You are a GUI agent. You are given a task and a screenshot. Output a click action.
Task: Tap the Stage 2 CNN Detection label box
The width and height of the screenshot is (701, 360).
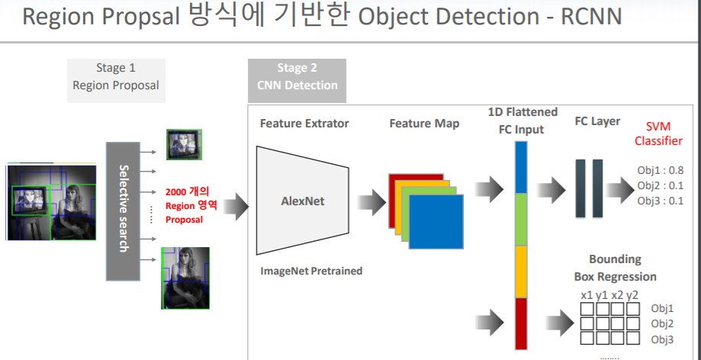pyautogui.click(x=297, y=77)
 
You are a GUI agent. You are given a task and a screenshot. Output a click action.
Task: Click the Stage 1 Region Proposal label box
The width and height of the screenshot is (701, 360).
pyautogui.click(x=116, y=76)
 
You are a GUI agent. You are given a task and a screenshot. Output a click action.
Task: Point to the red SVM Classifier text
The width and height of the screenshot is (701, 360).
pyautogui.click(x=658, y=133)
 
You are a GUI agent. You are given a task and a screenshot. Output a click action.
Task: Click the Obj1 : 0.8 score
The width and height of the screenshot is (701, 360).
pyautogui.click(x=660, y=171)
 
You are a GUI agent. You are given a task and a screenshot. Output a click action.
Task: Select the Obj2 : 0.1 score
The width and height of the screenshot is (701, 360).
pyautogui.click(x=660, y=185)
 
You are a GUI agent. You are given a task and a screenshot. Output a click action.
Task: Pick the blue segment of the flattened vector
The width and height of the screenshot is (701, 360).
pyautogui.click(x=521, y=168)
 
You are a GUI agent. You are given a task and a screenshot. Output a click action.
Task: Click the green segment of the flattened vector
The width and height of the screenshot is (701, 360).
pyautogui.click(x=521, y=220)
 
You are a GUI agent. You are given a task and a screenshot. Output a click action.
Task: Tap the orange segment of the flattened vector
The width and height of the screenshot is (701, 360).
pyautogui.click(x=521, y=272)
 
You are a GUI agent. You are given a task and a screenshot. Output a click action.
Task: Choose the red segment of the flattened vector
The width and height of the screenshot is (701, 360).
pyautogui.click(x=521, y=322)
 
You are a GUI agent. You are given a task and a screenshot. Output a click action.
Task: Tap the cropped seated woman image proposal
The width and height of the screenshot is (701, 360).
pyautogui.click(x=185, y=277)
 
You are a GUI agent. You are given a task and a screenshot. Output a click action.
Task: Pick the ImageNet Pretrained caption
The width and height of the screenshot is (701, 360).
pyautogui.click(x=311, y=270)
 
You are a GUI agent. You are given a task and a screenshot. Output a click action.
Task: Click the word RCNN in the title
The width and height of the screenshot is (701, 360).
pyautogui.click(x=591, y=17)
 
